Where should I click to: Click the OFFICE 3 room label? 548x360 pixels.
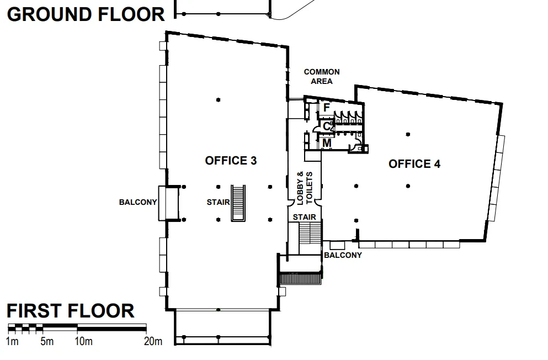231,161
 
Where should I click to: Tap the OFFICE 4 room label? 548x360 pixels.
414,164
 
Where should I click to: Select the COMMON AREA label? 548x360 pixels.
322,76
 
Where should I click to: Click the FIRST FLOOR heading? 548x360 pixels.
71,311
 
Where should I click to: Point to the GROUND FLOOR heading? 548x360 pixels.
86,14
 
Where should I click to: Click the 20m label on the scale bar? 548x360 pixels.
153,342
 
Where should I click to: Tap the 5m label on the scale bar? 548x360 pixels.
47,342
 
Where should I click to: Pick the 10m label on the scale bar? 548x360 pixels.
83,342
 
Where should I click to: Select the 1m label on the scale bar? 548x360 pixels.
13,342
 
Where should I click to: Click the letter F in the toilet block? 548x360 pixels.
326,108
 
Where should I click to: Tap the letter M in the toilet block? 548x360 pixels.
327,144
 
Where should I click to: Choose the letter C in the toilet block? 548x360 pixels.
327,126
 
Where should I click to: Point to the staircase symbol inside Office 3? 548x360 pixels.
238,203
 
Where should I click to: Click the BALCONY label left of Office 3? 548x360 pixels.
138,203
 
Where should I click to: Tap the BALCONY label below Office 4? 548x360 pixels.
343,255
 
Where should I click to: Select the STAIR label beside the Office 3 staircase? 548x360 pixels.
218,203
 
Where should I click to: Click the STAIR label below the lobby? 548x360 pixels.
305,217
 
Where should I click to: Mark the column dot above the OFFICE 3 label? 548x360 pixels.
219,100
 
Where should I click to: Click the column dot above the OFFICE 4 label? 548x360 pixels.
408,134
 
